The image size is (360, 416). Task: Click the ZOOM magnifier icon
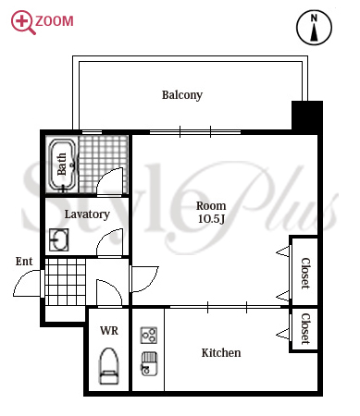(x=23, y=22)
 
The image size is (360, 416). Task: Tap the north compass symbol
(x=314, y=27)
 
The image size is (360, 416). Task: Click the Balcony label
(x=182, y=95)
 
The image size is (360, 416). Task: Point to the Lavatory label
(x=87, y=214)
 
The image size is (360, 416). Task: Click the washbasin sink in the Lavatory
(x=59, y=239)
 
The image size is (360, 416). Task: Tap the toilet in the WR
(x=109, y=366)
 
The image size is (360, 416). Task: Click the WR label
(x=109, y=331)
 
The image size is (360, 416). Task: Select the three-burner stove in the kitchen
(x=149, y=336)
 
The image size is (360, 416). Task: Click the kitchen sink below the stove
(x=149, y=364)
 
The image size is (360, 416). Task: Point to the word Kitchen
(x=221, y=353)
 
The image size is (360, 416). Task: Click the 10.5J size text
(x=211, y=219)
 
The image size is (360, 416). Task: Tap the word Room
(x=211, y=206)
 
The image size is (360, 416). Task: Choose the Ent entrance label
(x=24, y=262)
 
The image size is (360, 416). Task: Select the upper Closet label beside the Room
(x=305, y=274)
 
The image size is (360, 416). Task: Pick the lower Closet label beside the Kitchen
(x=305, y=329)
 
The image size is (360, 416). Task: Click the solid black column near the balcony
(x=307, y=116)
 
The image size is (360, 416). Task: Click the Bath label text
(x=62, y=164)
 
